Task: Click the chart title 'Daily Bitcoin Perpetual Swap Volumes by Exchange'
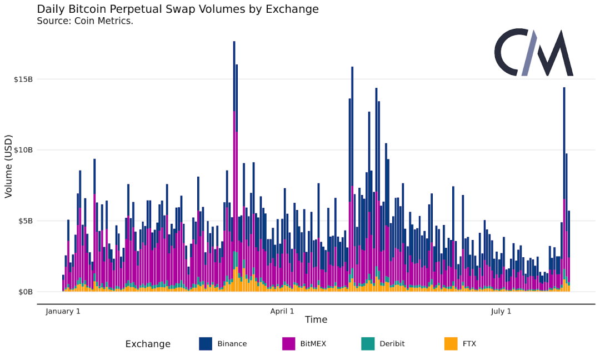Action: point(178,9)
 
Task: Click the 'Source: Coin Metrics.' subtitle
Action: point(85,21)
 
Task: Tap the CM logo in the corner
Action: point(533,53)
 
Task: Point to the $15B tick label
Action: point(23,79)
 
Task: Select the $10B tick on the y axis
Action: point(23,150)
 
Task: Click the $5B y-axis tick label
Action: point(25,221)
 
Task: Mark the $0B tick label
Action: point(25,292)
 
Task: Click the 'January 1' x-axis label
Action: point(63,311)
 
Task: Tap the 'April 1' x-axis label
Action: point(282,311)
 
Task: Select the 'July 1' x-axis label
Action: point(501,311)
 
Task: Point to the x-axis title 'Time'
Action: point(316,320)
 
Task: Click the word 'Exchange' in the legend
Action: point(148,344)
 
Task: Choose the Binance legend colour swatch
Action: point(206,344)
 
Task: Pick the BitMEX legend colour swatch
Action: point(289,344)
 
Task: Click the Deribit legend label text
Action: point(392,344)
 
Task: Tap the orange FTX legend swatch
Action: point(451,344)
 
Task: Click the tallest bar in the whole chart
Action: point(234,167)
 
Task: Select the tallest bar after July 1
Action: point(564,189)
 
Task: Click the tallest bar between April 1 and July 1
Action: point(352,178)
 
